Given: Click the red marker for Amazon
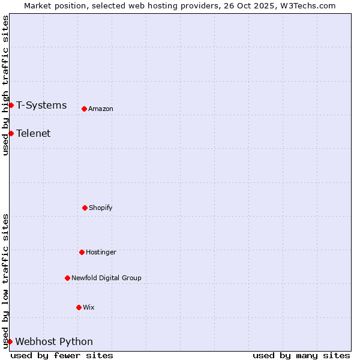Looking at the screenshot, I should coord(84,109).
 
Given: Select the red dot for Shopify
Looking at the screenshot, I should coord(85,208).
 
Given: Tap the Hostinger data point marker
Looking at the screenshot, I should coord(82,252).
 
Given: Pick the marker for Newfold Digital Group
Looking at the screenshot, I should coord(67,278).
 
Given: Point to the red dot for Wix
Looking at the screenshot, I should coord(79,307).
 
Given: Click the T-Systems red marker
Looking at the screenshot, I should coord(11,105).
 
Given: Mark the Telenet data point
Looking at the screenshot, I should coord(11,133).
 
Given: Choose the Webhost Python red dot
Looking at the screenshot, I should coord(10,341).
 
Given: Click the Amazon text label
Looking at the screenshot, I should coord(101,109).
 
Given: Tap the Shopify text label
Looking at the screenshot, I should coord(101,208).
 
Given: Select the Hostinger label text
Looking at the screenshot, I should coord(101,253).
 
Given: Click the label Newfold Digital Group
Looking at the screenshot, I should coord(106,278).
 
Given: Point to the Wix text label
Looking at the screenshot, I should coord(89,308).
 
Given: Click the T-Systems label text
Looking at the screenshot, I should coord(41,106).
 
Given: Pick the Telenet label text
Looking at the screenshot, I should coord(34,134).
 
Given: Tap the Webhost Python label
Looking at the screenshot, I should coord(54,342).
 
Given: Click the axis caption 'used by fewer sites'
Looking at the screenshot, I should coord(62,355).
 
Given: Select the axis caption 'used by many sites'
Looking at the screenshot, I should coord(301,355).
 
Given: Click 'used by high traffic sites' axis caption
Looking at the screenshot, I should coord(5,85).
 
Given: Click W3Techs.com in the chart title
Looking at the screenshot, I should coord(308,5).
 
